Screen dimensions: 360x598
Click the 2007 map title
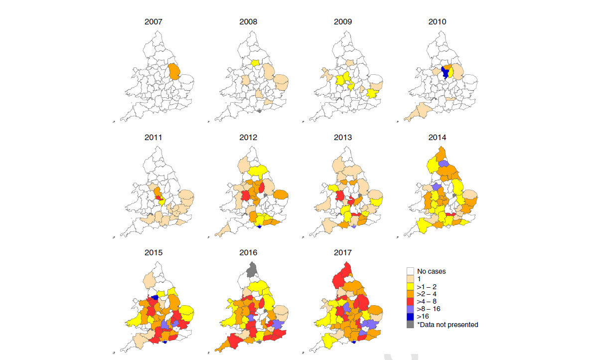tap(153, 22)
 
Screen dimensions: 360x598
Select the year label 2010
tap(437, 22)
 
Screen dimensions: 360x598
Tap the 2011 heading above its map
tap(153, 137)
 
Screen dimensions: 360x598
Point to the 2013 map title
tap(343, 137)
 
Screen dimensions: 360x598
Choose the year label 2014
tap(437, 137)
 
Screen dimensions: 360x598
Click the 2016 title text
tap(248, 253)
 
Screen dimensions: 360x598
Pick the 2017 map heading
tap(343, 253)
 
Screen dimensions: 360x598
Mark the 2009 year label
tap(343, 22)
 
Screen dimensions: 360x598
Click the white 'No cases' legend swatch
tap(411, 272)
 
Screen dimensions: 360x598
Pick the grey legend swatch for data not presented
tap(411, 325)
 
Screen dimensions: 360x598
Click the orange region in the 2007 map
tap(174, 71)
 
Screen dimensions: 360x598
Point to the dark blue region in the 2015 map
tap(154, 297)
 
